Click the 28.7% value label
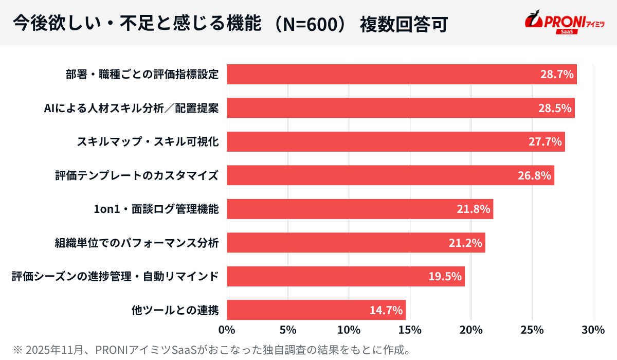(556, 75)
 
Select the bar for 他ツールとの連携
(316, 310)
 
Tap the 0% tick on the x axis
(227, 330)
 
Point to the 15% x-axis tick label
(410, 330)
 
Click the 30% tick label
(593, 330)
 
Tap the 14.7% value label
(386, 310)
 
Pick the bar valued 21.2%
(356, 243)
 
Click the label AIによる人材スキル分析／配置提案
(132, 109)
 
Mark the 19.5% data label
(445, 277)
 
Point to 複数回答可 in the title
(403, 24)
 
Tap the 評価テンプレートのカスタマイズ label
(137, 176)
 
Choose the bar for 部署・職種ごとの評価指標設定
(401, 75)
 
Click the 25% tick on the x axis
(532, 330)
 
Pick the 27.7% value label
(545, 142)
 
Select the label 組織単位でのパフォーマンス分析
(137, 243)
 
